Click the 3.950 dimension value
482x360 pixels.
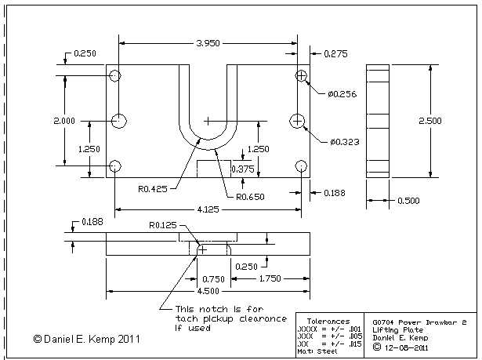[208, 43]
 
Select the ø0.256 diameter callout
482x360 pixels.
[342, 94]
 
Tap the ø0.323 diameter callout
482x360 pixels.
[345, 142]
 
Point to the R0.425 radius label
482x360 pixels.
[153, 188]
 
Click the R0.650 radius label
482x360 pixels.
[250, 197]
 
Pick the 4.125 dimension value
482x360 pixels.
[208, 209]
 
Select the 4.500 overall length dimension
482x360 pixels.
[208, 291]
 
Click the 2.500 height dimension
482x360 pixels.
[430, 121]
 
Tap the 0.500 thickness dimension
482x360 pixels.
[408, 201]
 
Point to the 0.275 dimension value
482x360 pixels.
[335, 54]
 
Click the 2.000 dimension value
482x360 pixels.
[64, 121]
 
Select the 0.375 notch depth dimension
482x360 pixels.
[243, 169]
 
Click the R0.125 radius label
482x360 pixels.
[163, 225]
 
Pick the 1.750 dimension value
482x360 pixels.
[270, 278]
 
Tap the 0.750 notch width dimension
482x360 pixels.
[213, 279]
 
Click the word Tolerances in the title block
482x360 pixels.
[328, 322]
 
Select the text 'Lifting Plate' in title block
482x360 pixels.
[398, 330]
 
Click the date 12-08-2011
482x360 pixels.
[406, 347]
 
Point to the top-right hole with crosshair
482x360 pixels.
[301, 75]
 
